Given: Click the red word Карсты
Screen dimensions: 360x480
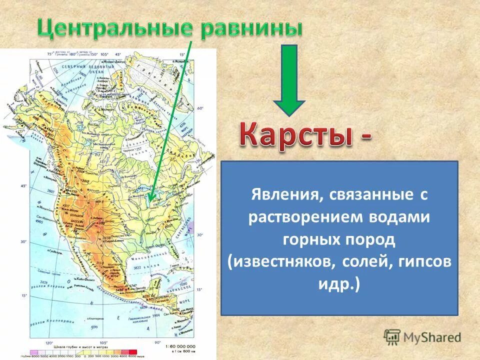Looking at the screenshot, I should point(296,133).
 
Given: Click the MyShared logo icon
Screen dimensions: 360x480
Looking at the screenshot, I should point(392,337).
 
